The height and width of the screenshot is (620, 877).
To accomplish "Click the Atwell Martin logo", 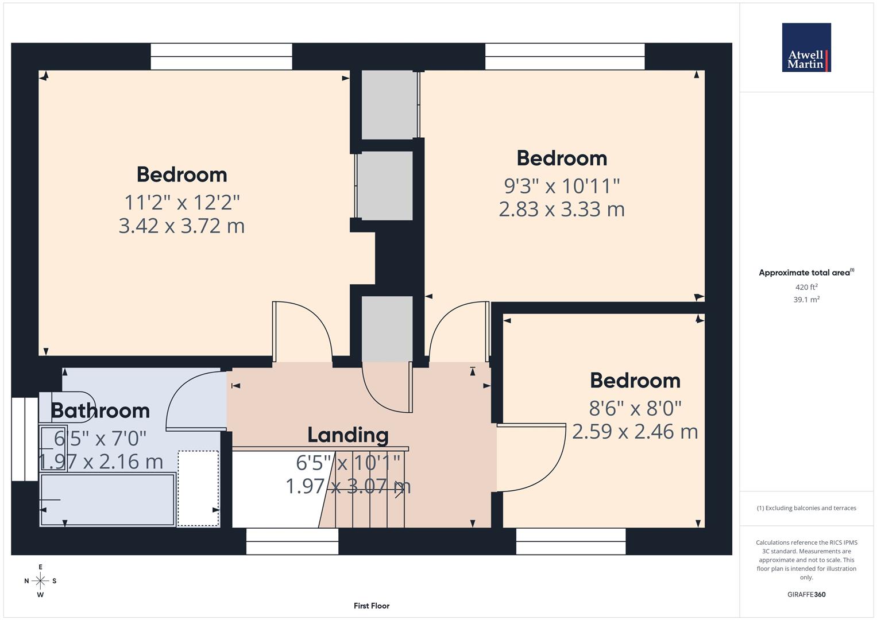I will point(806,48).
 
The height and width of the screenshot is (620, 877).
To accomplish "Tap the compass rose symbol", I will point(40,581).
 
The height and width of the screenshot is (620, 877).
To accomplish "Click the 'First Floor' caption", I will point(371,606).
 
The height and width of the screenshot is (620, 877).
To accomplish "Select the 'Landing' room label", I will point(347,435).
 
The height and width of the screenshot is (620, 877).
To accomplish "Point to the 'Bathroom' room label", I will point(100,411).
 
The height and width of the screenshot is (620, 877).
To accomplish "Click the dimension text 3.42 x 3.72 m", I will point(181,226).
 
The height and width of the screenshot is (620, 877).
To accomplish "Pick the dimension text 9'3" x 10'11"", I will point(562,186).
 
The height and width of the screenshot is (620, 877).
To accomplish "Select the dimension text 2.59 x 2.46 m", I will point(635,432).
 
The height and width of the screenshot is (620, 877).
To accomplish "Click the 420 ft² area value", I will point(806,287).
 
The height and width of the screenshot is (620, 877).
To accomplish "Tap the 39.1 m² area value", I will point(806,300).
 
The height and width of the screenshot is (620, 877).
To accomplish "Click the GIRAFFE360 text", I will point(806,595).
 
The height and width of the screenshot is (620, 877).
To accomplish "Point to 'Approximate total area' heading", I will point(806,273).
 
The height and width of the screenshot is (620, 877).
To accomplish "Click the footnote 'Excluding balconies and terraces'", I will point(806,508).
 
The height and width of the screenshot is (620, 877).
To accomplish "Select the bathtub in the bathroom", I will point(107,499).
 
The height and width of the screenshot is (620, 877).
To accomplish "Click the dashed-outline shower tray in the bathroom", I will point(198,488).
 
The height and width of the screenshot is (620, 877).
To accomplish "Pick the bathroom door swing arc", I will point(192,399).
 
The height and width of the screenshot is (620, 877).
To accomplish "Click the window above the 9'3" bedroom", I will point(565,56).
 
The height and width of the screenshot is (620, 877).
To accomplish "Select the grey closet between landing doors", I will point(387,328).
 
